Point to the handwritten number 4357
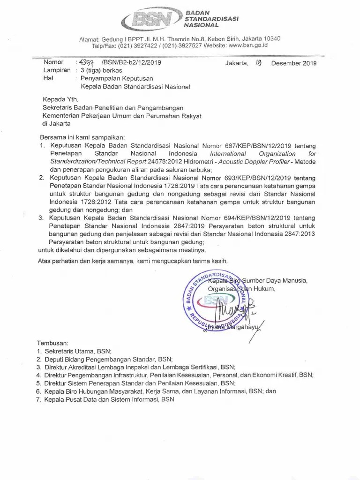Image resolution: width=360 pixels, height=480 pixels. pos(86,62)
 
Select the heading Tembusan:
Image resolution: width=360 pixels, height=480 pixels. pos(52,343)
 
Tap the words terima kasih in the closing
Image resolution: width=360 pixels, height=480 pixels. pos(211,261)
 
